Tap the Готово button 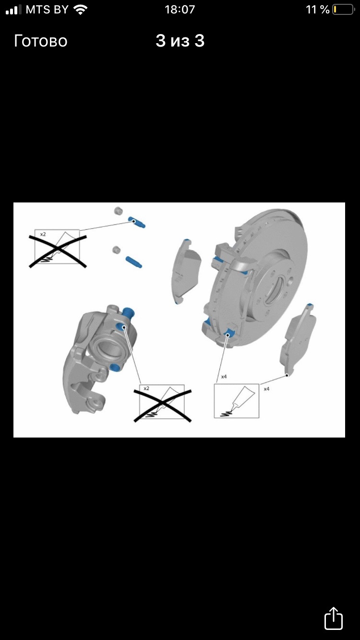(x=41, y=41)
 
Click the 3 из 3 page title (x=180, y=41)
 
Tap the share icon (x=334, y=618)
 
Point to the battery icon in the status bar (x=343, y=10)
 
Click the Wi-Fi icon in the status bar (x=80, y=10)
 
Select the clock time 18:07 (x=180, y=10)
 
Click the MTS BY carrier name (x=47, y=10)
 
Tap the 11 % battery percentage (x=318, y=10)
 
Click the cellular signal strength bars (x=13, y=10)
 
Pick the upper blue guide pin (x=137, y=222)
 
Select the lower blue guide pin (x=134, y=262)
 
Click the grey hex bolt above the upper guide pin (x=118, y=211)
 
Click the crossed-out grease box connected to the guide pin (x=57, y=247)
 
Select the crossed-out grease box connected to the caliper (x=162, y=402)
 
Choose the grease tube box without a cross (x=237, y=401)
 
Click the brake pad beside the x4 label (x=298, y=340)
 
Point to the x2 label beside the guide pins (x=43, y=234)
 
